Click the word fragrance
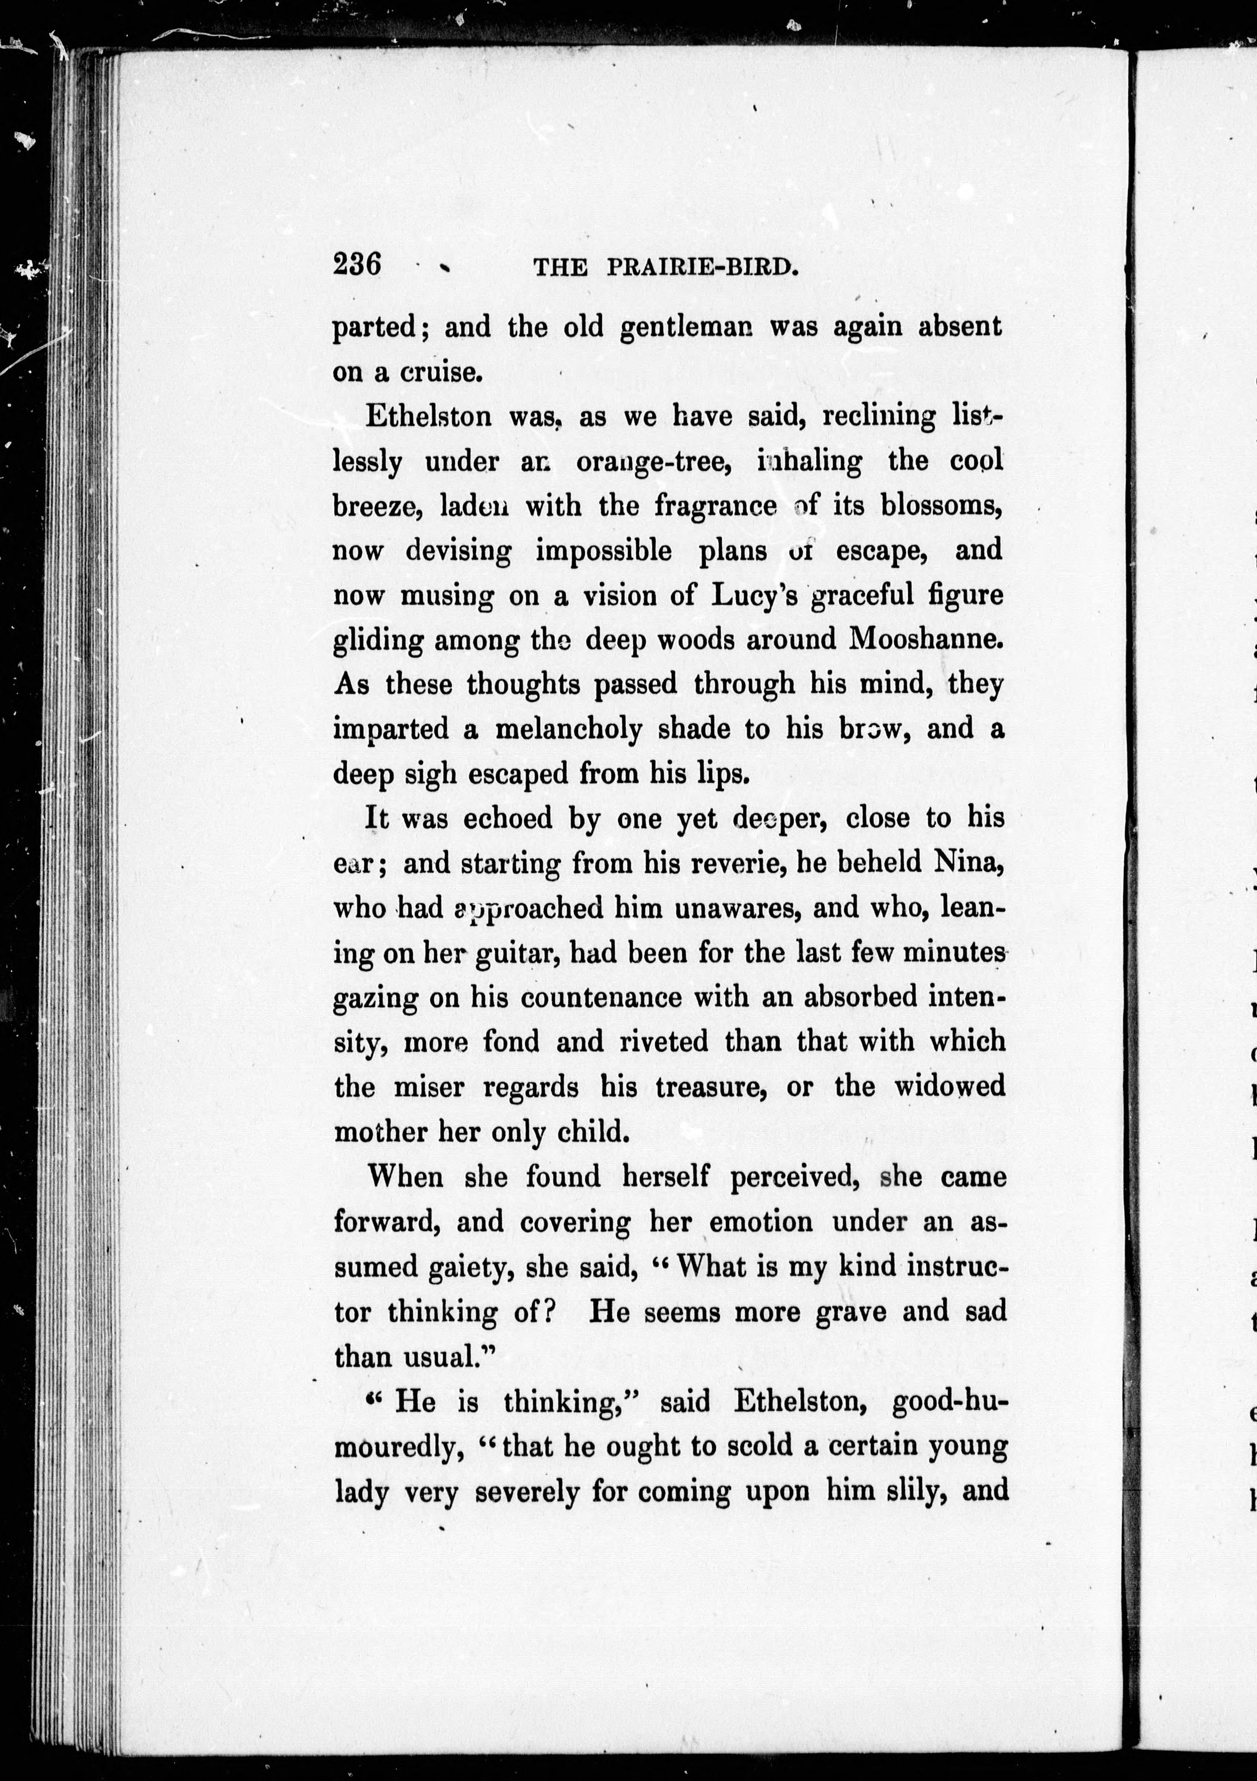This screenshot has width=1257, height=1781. (x=715, y=506)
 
